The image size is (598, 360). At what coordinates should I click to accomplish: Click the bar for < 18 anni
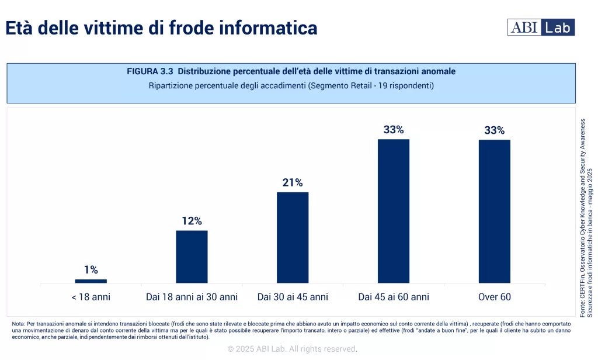click(x=91, y=281)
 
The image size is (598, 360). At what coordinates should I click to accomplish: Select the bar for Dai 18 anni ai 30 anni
click(x=192, y=257)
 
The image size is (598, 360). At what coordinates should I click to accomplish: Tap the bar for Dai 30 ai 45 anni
click(x=293, y=237)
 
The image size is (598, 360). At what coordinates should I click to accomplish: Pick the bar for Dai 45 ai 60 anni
click(x=394, y=211)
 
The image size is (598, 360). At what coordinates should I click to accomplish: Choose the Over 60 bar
click(x=495, y=211)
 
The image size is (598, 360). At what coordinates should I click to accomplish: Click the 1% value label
click(x=91, y=270)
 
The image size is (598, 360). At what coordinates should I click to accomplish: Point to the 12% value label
click(x=192, y=221)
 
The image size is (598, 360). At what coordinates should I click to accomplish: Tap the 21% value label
click(x=293, y=183)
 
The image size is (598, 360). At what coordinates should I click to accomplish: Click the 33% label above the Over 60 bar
click(x=495, y=130)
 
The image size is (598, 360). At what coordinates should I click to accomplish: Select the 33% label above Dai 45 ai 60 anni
click(x=394, y=130)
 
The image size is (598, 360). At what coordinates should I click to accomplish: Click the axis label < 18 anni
click(x=91, y=297)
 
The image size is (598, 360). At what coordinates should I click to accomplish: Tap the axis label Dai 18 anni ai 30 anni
click(x=192, y=297)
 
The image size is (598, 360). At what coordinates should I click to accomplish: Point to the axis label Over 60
click(x=495, y=297)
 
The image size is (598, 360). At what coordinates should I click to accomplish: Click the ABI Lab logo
click(x=541, y=27)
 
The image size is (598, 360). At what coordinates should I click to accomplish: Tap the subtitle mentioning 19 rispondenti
click(x=291, y=86)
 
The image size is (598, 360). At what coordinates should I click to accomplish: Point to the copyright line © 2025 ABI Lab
click(x=292, y=349)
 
